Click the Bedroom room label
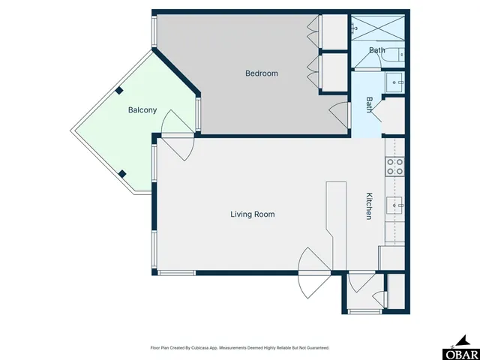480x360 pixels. [262, 73]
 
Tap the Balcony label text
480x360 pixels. [142, 110]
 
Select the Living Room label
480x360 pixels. [252, 214]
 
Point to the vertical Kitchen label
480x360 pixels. [369, 206]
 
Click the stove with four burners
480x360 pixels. [394, 166]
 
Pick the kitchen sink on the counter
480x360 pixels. [395, 203]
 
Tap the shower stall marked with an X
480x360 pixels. [379, 28]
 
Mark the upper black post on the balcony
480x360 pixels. [119, 91]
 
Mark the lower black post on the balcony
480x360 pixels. [122, 174]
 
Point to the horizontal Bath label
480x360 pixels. [376, 51]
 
